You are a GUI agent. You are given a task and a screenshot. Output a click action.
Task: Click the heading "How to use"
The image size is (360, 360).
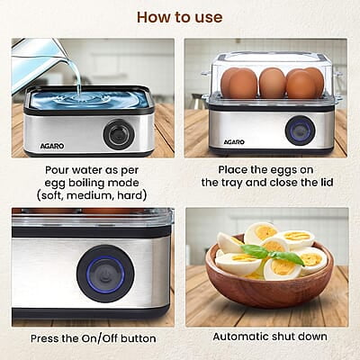coord(179,17)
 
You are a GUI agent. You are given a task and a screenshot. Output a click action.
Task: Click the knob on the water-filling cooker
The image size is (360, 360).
coord(118,134)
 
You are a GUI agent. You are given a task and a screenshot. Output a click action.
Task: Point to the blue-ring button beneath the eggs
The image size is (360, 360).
coord(300,130)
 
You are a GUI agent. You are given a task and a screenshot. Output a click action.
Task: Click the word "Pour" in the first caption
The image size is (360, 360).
coord(59,169)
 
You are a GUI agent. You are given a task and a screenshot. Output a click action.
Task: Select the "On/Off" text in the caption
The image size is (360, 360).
coord(93,338)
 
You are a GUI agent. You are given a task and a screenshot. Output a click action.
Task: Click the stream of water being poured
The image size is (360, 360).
coord(78,76)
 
